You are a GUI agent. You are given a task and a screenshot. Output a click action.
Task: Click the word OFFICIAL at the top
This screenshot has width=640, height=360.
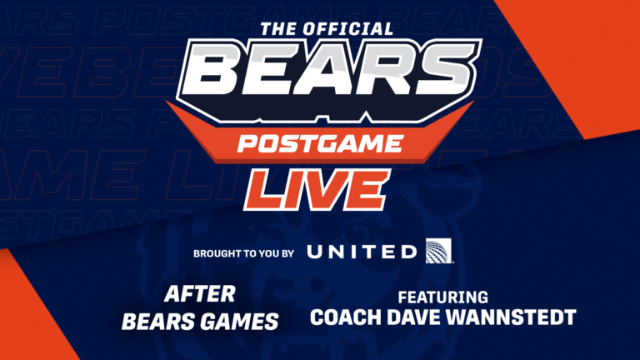point(349,28)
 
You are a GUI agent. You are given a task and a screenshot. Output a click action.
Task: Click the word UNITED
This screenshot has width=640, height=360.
point(362,252)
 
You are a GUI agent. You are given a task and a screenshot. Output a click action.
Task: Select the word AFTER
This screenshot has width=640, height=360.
point(199,294)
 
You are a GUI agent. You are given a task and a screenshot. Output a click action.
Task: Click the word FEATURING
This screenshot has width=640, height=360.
point(442,297)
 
